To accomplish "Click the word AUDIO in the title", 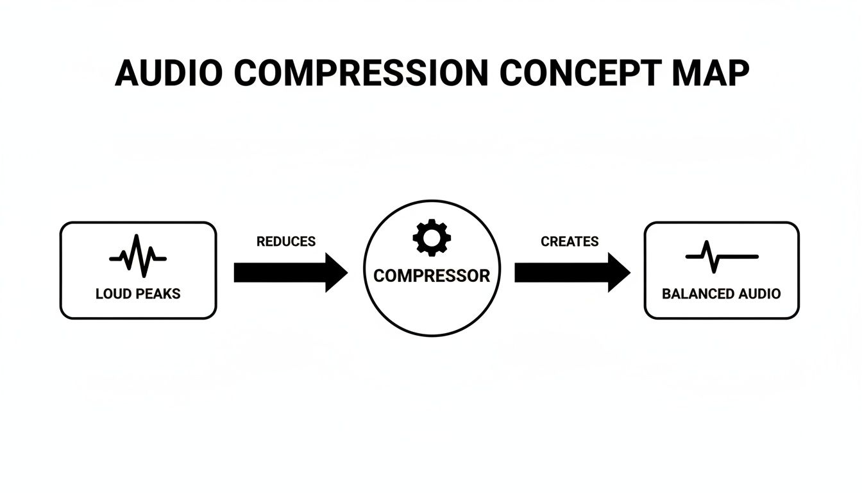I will [x=169, y=74].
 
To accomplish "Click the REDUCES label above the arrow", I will [x=286, y=242].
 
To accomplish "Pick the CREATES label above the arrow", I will [x=570, y=242].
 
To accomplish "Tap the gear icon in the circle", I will [x=432, y=238].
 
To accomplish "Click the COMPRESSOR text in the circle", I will [x=432, y=276].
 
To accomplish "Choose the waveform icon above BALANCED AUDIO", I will [x=722, y=257].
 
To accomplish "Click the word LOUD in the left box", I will [x=112, y=294].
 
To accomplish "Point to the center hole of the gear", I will [x=432, y=238].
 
